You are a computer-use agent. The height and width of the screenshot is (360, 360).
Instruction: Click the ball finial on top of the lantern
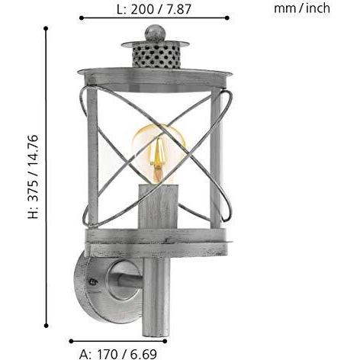click(155, 33)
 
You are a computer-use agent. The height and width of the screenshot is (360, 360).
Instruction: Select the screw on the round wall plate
click(93, 281)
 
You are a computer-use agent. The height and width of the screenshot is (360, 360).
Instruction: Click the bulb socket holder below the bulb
click(159, 207)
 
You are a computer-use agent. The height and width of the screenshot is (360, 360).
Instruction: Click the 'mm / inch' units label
click(302, 8)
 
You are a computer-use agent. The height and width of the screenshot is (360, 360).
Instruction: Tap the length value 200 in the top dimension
click(143, 9)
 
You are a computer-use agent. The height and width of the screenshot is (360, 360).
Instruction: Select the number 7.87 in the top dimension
click(178, 9)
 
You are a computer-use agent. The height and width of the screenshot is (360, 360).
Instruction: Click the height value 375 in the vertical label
click(34, 189)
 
